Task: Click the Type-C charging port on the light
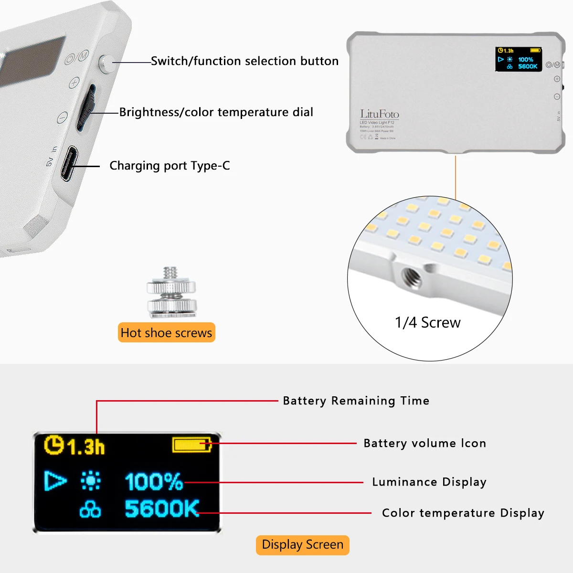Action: (70, 164)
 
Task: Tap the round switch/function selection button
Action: (106, 64)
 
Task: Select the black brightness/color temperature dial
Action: (86, 108)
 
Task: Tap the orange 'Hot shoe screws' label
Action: (166, 333)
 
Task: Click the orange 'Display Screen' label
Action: (302, 545)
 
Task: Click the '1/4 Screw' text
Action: (427, 323)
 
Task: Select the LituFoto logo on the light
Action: (379, 114)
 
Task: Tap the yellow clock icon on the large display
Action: (54, 445)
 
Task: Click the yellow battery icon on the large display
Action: (191, 445)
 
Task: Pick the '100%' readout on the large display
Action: (154, 481)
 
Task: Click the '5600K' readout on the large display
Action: (161, 509)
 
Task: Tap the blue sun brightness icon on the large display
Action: (91, 481)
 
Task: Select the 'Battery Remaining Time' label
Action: (356, 401)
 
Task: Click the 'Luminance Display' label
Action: (429, 482)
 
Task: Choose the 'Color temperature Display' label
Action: (463, 513)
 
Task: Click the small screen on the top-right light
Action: (519, 59)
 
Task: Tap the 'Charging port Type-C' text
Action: (170, 166)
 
